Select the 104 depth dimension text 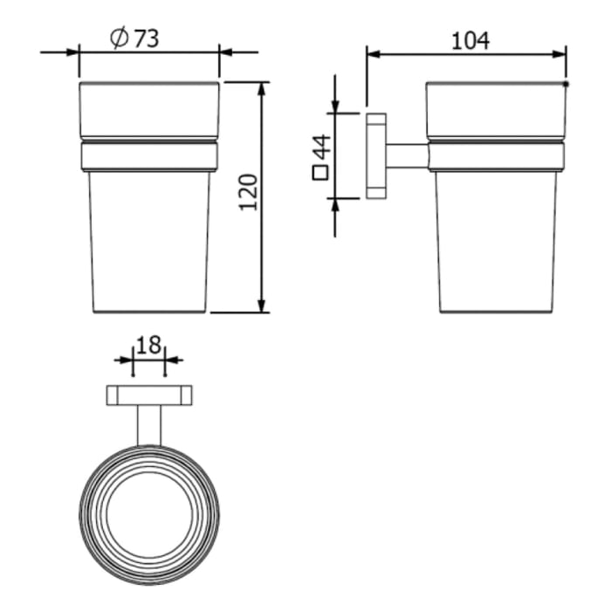pos(470,39)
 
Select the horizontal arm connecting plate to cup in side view pos(407,155)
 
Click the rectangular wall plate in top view pos(149,395)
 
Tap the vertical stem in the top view pos(149,425)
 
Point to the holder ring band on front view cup pos(149,155)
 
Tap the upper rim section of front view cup pos(149,109)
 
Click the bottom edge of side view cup pos(498,312)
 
